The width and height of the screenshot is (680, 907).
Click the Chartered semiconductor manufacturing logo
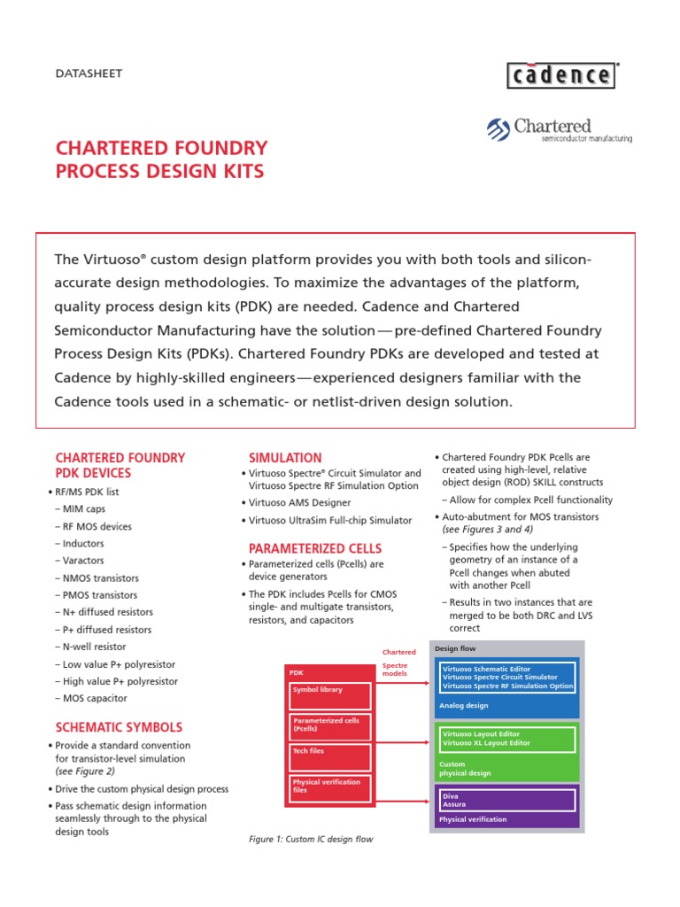point(559,130)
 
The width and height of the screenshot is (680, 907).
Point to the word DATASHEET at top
point(89,74)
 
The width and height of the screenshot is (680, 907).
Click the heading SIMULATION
point(285,458)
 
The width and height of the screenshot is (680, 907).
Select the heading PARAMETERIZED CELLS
point(315,548)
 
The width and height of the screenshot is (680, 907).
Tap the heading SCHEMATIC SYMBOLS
point(119,727)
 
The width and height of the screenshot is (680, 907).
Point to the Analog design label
point(464,706)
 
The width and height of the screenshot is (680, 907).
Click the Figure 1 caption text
point(311,840)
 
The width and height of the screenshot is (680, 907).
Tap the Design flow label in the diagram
point(456,648)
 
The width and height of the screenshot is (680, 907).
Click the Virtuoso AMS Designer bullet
point(299,503)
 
